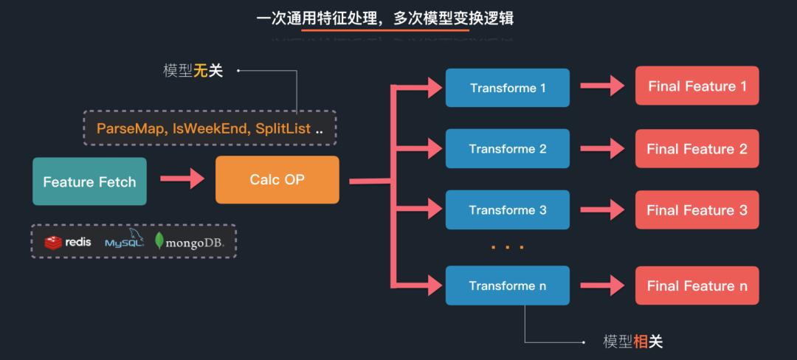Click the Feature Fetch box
coord(89,181)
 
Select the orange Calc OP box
coord(277,179)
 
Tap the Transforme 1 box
coord(508,88)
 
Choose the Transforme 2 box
coord(508,148)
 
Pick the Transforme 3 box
coord(508,210)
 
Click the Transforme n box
coord(508,285)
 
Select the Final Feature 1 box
coord(697,86)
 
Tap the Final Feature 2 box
coord(697,148)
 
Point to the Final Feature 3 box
coord(697,210)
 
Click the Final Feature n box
coord(697,285)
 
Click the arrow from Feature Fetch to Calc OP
coord(182,179)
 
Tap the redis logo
coord(68,242)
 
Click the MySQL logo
coord(123,240)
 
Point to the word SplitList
coord(283,129)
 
